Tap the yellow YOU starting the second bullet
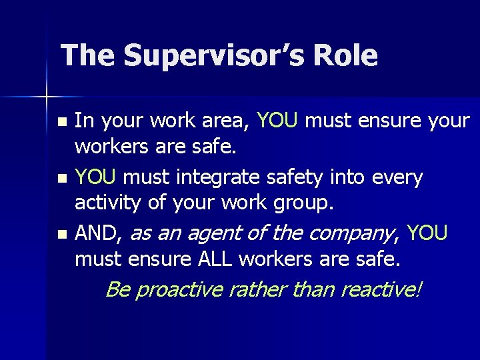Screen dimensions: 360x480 tap(96, 177)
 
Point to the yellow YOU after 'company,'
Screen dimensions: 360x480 tap(427, 233)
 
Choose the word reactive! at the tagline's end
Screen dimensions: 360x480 tap(381, 290)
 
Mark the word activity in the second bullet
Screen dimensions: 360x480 tap(108, 203)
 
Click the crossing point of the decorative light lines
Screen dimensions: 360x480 tap(47, 97)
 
